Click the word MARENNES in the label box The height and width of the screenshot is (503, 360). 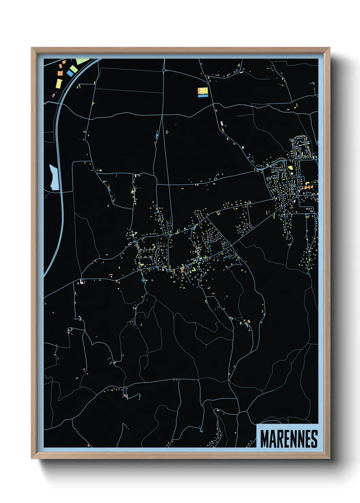tap(289, 439)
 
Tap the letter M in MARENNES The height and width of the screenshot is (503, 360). tap(264, 439)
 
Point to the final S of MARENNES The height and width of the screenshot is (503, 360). tap(314, 439)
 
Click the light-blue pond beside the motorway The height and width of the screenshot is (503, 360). tap(54, 177)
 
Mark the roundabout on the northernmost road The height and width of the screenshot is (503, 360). tap(164, 70)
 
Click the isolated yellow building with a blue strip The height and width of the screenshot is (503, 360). tap(203, 91)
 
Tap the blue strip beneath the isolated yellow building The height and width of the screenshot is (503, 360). tap(203, 96)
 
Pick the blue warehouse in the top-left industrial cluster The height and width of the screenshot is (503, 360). tap(70, 73)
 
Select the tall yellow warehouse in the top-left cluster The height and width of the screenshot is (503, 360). tap(59, 83)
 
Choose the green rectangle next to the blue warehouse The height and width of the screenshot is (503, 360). tap(74, 69)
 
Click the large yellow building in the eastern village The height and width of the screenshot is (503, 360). tap(291, 168)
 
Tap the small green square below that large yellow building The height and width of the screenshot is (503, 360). tap(291, 173)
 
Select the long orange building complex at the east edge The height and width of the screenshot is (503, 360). tap(308, 187)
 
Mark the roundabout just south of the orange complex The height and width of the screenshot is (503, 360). tap(298, 196)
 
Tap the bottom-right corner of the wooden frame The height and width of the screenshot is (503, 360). tap(330, 458)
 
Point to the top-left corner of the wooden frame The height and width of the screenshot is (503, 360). tap(32, 48)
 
